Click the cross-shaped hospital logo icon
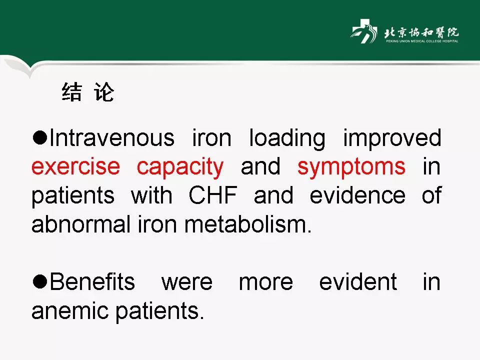point(364,31)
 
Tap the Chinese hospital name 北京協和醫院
point(421,32)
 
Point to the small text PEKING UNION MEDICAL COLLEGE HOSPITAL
point(422,41)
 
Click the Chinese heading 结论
point(88,92)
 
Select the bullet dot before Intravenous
point(40,138)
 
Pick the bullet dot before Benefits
point(40,281)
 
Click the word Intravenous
point(111,138)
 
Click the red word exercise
point(75,167)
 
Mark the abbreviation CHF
point(213,195)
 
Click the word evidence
point(357,195)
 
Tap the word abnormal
point(81,224)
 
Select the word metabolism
point(247,224)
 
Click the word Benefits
point(92,281)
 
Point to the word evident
point(358,281)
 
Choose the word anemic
point(70,310)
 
